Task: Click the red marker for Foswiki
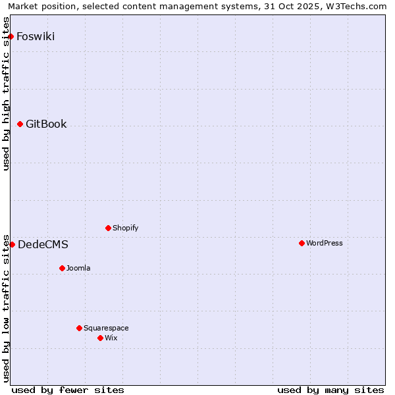click(11, 36)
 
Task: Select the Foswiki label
click(36, 36)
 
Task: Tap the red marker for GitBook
click(20, 124)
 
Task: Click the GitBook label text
click(46, 124)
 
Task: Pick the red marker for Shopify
click(108, 228)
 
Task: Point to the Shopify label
click(125, 228)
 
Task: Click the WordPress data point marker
click(302, 243)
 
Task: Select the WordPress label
click(324, 243)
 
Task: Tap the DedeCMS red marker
click(12, 244)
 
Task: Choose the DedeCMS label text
click(43, 244)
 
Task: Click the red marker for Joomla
click(62, 268)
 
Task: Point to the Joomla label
click(78, 268)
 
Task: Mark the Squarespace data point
click(79, 328)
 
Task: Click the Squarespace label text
click(106, 328)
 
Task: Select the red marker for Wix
click(100, 338)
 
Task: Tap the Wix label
click(111, 338)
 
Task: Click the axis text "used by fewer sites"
click(68, 390)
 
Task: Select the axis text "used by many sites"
click(330, 390)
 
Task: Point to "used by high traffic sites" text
click(7, 93)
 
